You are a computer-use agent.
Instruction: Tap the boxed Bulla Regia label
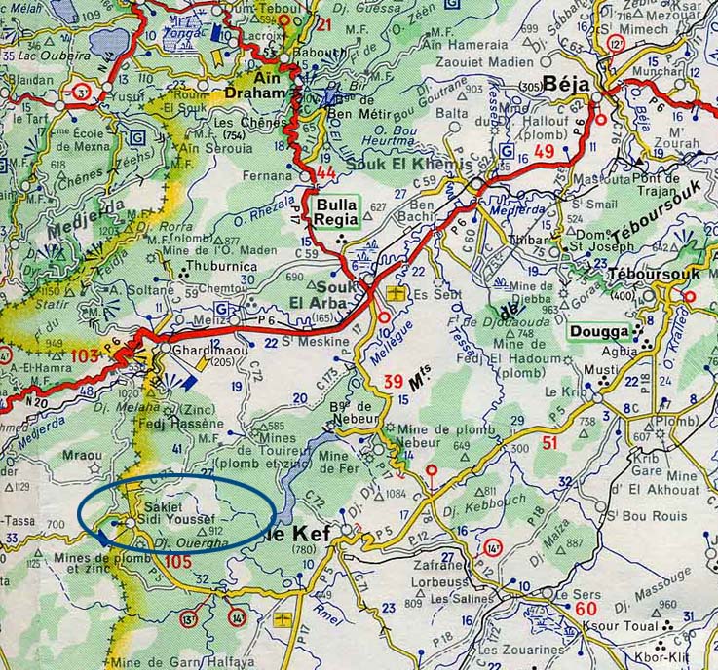tap(337, 212)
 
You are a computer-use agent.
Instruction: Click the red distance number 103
tap(86, 356)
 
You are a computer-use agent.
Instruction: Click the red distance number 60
tap(586, 609)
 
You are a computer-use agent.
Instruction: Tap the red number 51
tap(550, 444)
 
